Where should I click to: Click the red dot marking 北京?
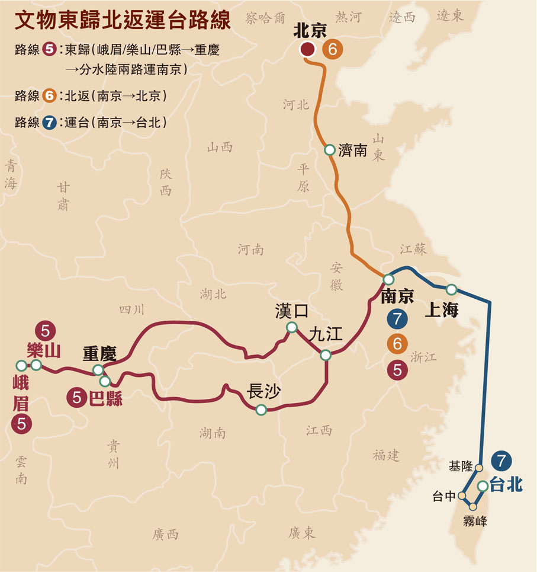click(x=307, y=50)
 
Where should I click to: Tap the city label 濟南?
click(x=353, y=151)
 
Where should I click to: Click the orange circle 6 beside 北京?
click(x=332, y=50)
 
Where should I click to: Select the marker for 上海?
click(x=451, y=289)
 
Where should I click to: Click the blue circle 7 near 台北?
click(x=501, y=460)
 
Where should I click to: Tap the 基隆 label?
click(x=460, y=466)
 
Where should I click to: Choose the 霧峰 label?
click(x=475, y=522)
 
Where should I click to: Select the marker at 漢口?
click(x=291, y=327)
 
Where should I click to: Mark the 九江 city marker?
click(x=326, y=355)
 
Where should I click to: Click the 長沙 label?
click(x=263, y=391)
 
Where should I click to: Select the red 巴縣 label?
click(x=105, y=398)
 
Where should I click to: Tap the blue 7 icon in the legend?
click(x=50, y=123)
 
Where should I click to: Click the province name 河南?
click(x=250, y=250)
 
